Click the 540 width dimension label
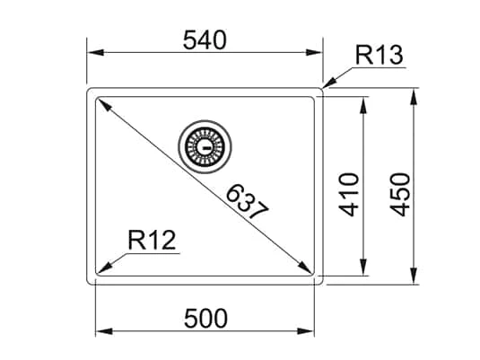tap(205, 40)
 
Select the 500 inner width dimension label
tap(205, 318)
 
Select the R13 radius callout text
tap(380, 55)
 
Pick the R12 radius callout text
tap(151, 240)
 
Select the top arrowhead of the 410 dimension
tap(362, 104)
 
